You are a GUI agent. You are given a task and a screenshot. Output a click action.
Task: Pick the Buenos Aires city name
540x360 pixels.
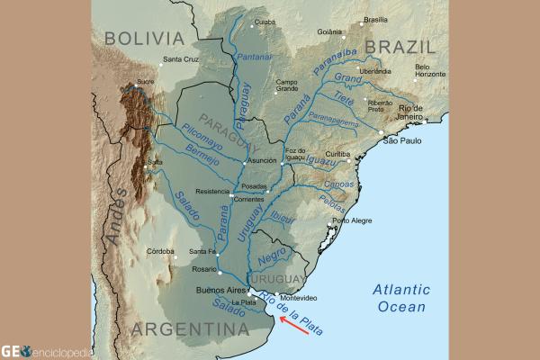[220, 291]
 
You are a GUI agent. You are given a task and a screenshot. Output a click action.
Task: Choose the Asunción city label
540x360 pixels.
[262, 160]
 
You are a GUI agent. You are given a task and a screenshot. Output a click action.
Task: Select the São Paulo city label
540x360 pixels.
[402, 141]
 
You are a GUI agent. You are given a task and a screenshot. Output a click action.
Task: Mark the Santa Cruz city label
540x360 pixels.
[179, 60]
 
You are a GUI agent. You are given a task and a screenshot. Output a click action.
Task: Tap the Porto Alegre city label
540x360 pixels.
[352, 220]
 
